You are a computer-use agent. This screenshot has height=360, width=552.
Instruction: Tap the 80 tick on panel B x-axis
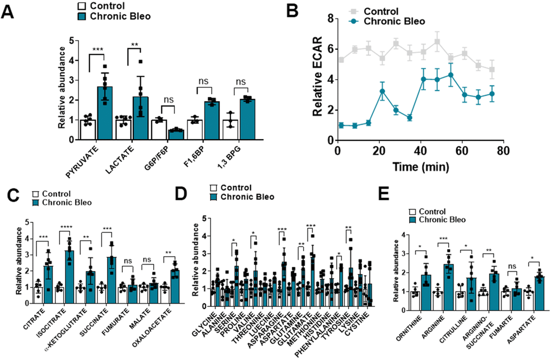point(503,149)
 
